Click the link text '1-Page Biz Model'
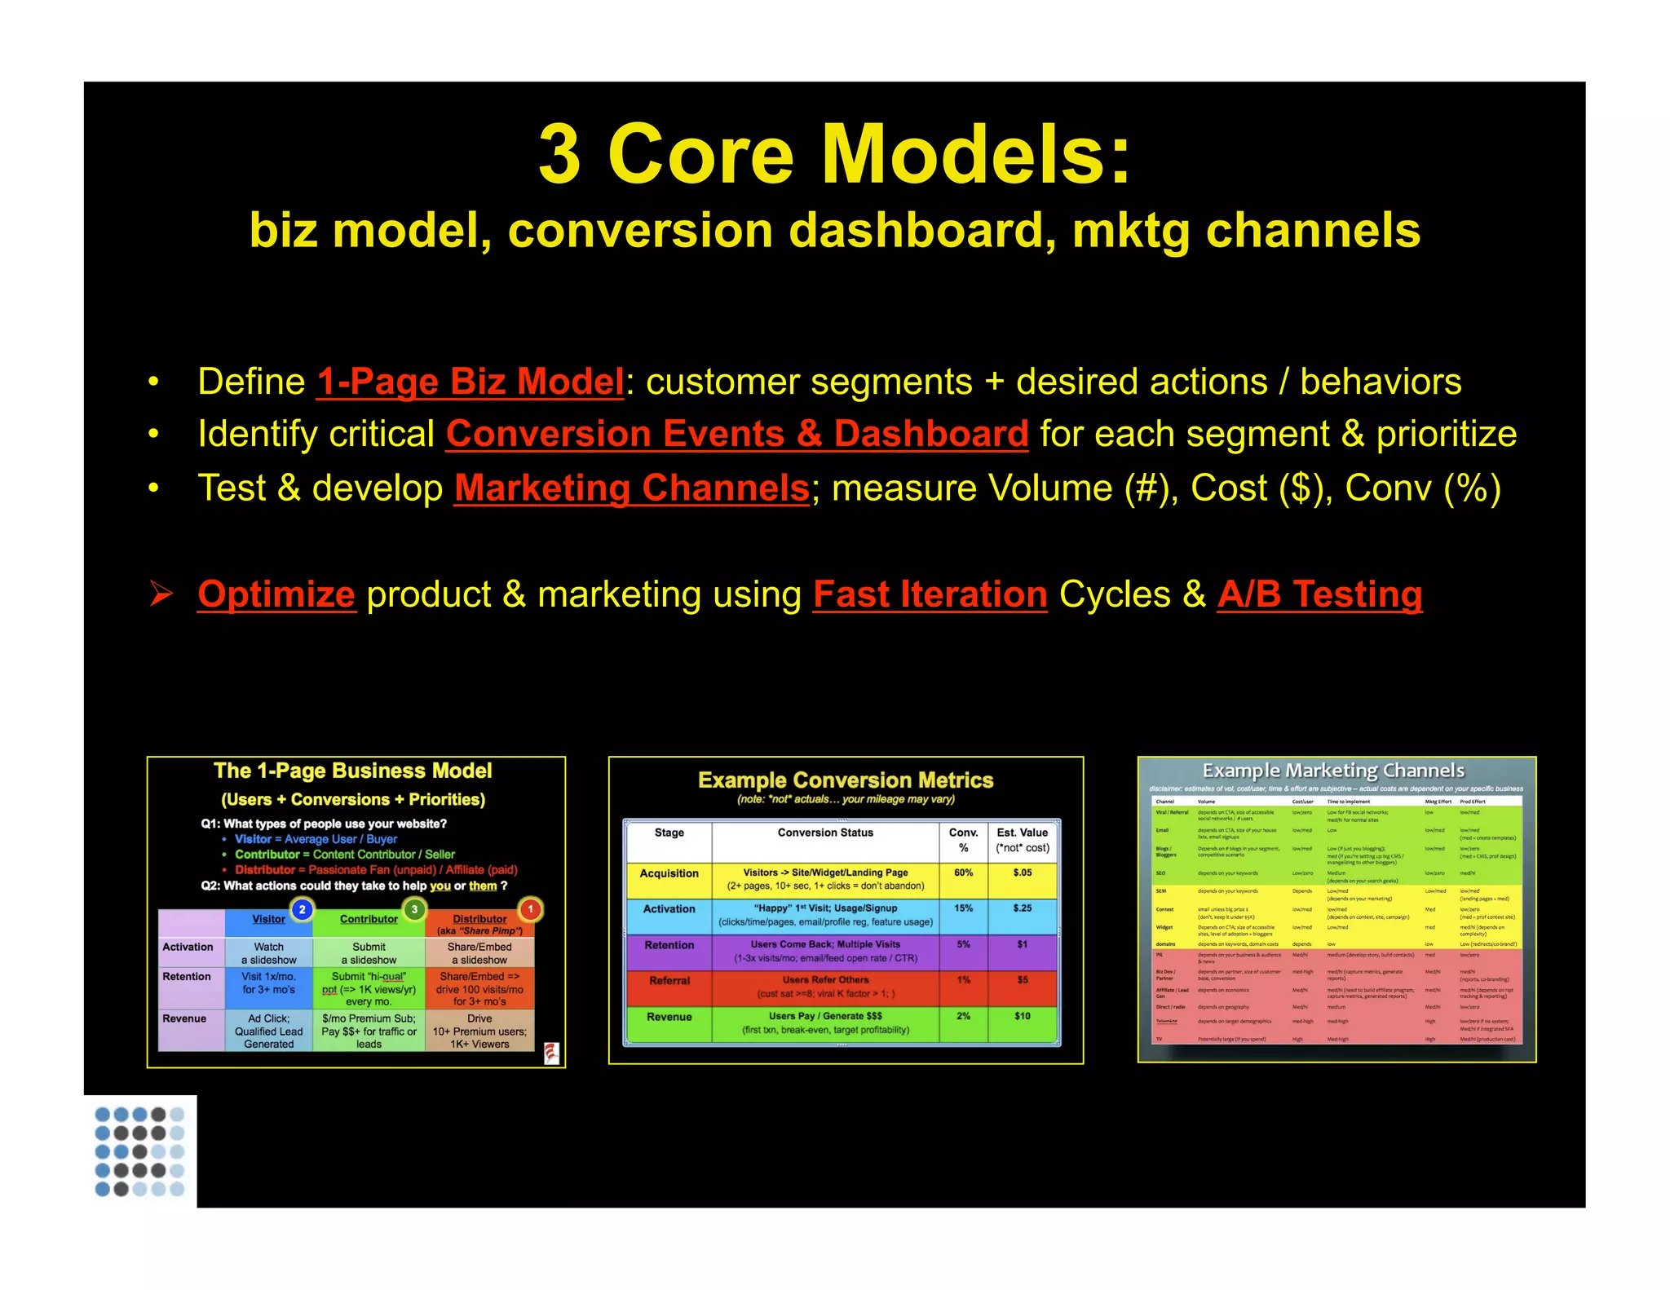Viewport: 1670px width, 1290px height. pyautogui.click(x=470, y=382)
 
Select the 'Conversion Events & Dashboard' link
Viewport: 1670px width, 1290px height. pyautogui.click(x=736, y=434)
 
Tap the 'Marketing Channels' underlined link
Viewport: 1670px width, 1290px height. pyautogui.click(x=631, y=488)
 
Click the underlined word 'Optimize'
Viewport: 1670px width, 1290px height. pyautogui.click(x=276, y=594)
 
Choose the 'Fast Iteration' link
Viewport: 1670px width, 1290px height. pyautogui.click(x=930, y=594)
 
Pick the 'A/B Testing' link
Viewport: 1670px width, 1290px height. pyautogui.click(x=1319, y=594)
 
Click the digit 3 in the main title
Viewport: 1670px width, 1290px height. pyautogui.click(x=559, y=154)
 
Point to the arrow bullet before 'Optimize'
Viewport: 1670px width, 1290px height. pyautogui.click(x=161, y=594)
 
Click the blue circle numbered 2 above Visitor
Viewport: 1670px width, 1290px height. pyautogui.click(x=302, y=909)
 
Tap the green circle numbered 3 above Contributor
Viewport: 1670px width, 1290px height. pyautogui.click(x=414, y=909)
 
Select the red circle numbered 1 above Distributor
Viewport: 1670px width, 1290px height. pyautogui.click(x=530, y=909)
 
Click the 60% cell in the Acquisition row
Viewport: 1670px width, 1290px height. pyautogui.click(x=963, y=873)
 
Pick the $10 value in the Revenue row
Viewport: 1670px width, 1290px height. pyautogui.click(x=1022, y=1016)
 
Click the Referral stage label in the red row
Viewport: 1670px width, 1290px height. pyautogui.click(x=669, y=981)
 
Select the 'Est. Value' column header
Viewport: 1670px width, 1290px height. pyautogui.click(x=1022, y=833)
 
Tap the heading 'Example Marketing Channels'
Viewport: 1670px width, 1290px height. pyautogui.click(x=1333, y=771)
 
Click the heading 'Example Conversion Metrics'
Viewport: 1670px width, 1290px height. pyautogui.click(x=846, y=780)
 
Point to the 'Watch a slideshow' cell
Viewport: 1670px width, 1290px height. pyautogui.click(x=268, y=953)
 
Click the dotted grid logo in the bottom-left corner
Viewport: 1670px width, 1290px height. pyautogui.click(x=139, y=1151)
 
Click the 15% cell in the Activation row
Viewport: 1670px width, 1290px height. pyautogui.click(x=963, y=908)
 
